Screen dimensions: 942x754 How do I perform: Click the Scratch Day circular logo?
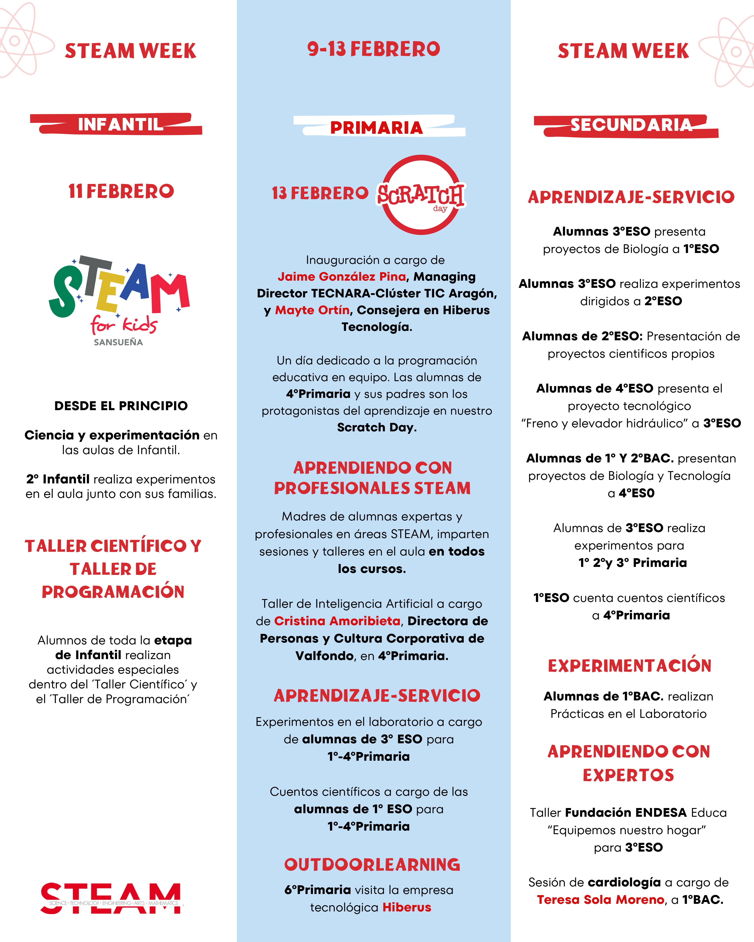pos(421,195)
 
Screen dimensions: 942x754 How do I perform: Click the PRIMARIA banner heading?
pos(376,127)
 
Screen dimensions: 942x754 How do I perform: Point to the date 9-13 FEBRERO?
pos(373,49)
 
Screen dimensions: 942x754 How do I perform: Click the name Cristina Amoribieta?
pos(337,621)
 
